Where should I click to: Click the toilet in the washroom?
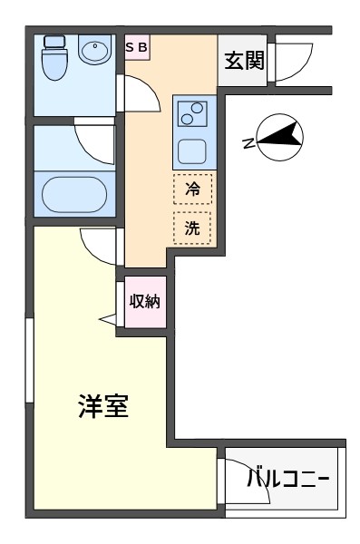coord(54,58)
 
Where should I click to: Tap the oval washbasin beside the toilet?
coord(94,49)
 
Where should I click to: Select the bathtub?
coord(74,194)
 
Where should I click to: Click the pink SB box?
coord(137,47)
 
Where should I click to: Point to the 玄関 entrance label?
coord(244,61)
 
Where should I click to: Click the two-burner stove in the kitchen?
coord(192,113)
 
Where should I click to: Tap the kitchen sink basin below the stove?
coord(192,151)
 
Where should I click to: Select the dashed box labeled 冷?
coord(192,189)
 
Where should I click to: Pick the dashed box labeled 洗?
coord(192,228)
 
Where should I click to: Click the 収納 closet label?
coord(144,301)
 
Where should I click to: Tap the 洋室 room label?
coord(103,406)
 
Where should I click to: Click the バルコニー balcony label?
coord(287,479)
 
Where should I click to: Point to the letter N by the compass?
coord(248,143)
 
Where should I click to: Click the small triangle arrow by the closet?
coord(108,319)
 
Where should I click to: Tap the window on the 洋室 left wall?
coord(30,360)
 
